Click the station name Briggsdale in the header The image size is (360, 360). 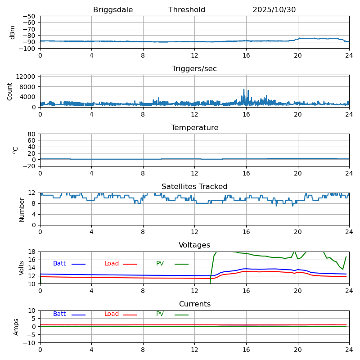pos(113,10)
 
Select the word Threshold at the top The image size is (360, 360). pos(187,10)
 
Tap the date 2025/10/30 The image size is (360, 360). pos(274,10)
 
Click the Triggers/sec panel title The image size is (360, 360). pos(194,69)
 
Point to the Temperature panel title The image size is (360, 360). pos(194,128)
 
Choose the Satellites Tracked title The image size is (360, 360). pos(194,187)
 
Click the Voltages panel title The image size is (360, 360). pos(194,245)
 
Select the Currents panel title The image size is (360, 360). pos(194,304)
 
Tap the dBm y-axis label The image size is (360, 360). pos(13,32)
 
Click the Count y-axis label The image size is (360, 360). pos(10,91)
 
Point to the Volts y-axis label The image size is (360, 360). pos(22,268)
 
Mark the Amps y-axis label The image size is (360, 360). pos(16,327)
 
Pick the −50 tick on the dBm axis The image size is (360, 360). pos(29,16)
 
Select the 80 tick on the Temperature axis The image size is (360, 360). pos(32,134)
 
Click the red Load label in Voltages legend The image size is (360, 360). pos(112,264)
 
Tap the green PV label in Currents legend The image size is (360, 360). pos(160,314)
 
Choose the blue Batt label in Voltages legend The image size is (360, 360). pos(59,264)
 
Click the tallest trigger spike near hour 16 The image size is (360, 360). pos(244,90)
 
